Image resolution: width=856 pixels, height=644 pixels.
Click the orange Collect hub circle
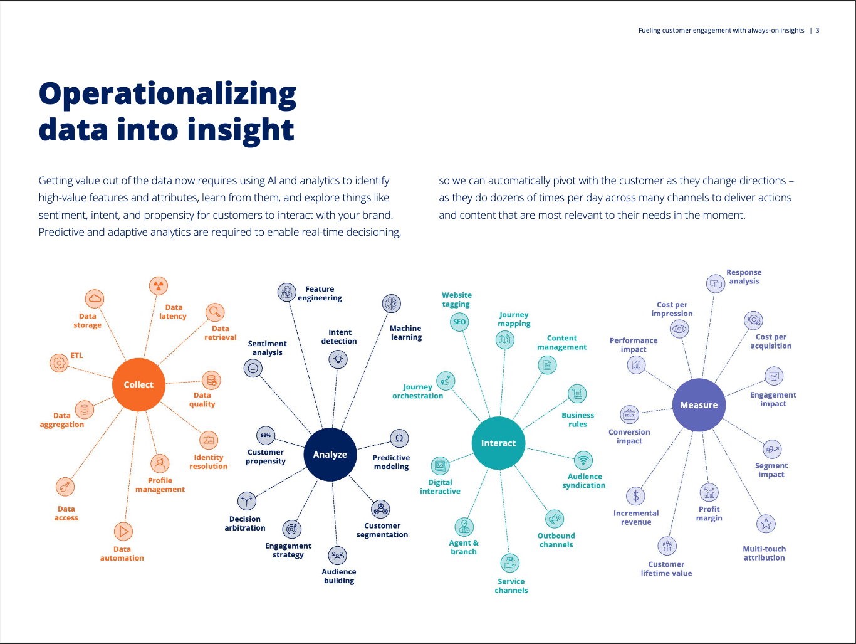click(x=138, y=384)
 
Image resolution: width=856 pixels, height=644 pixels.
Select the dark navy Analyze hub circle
click(x=330, y=454)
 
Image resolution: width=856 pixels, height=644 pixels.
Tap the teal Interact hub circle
click(x=498, y=443)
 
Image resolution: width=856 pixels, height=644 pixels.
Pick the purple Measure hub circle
click(x=699, y=405)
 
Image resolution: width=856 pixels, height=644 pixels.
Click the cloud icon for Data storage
click(x=95, y=298)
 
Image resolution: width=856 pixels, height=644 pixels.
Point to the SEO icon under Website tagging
click(x=459, y=322)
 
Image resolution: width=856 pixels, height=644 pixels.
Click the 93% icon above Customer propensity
click(x=266, y=435)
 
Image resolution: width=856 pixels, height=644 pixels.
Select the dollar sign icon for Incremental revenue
click(x=635, y=496)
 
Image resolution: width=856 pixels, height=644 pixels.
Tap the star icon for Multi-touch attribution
click(x=766, y=524)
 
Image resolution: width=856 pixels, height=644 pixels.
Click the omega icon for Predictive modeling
click(x=399, y=438)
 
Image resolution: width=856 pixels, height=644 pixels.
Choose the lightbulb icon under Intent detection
click(x=338, y=359)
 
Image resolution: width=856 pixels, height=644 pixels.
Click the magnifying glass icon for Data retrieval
click(x=215, y=312)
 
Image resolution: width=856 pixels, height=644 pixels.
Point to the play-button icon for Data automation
click(x=123, y=532)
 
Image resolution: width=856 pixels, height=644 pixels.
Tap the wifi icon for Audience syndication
click(x=583, y=460)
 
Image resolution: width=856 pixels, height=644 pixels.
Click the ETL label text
click(x=76, y=356)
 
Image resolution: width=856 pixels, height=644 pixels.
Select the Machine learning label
click(x=405, y=333)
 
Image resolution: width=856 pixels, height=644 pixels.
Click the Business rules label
click(x=578, y=420)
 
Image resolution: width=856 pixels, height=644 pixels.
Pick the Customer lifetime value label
click(x=666, y=569)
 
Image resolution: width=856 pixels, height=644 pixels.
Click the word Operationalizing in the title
click(x=167, y=94)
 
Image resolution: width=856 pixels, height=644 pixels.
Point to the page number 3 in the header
click(x=817, y=30)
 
